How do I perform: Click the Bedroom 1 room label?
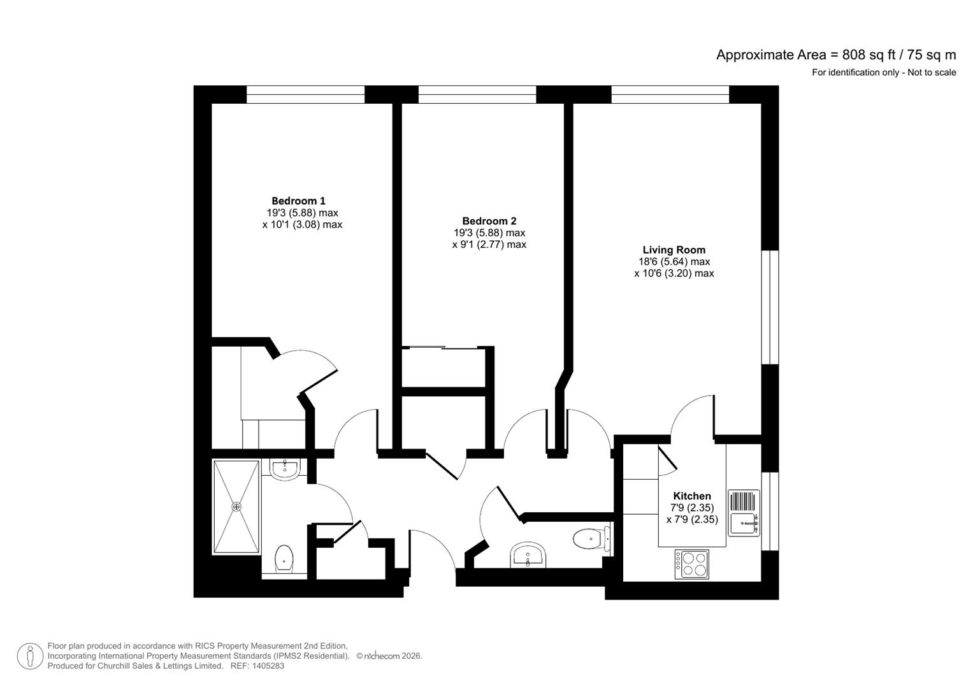point(298,201)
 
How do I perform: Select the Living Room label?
point(674,250)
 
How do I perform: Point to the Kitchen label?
point(692,496)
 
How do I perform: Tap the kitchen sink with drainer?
point(744,513)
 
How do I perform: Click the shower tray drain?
point(236,506)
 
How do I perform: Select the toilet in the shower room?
point(284,559)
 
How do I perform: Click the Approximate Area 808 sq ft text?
point(835,55)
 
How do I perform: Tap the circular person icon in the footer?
point(30,656)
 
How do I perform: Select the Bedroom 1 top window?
point(305,95)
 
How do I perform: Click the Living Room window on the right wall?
point(770,307)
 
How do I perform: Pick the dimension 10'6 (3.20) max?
point(674,273)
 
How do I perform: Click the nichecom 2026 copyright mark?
point(389,656)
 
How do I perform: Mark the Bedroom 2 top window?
point(477,95)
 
